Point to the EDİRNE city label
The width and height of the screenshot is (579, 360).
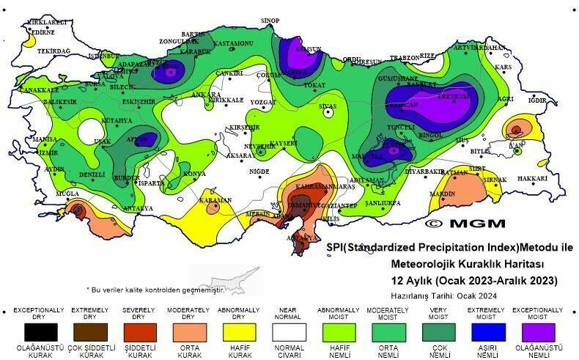43,32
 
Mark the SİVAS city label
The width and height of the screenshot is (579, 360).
327,106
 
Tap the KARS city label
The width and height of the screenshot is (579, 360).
502,67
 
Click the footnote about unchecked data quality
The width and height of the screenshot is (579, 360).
155,290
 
